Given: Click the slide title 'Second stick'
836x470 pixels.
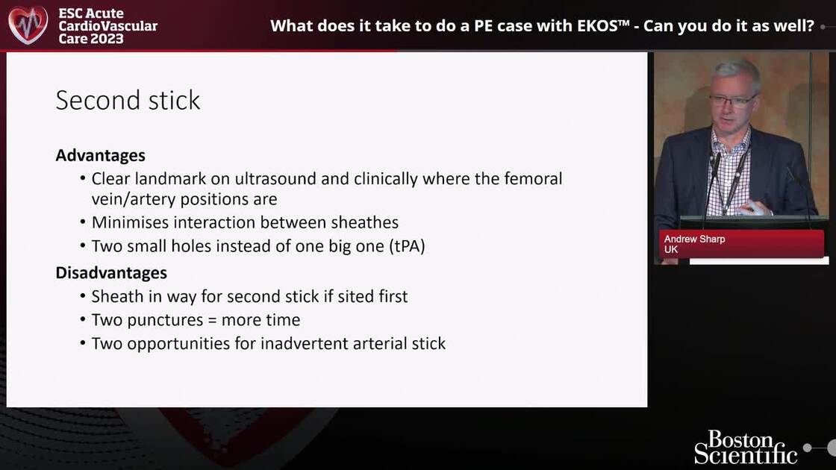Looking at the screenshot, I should [x=128, y=100].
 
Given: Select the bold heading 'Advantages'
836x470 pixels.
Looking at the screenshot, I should [x=100, y=155].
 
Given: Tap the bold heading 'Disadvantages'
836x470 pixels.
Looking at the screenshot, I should [x=111, y=272].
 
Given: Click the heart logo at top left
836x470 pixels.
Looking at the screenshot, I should [x=28, y=25].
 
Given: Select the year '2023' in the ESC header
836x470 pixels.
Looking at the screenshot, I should [x=107, y=38].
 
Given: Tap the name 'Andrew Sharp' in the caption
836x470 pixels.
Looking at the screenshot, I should [x=694, y=239].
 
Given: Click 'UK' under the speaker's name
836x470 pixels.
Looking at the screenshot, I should [x=670, y=249].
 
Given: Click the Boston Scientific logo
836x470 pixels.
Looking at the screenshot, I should [x=746, y=447].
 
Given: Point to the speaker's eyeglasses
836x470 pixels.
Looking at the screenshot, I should [x=732, y=100].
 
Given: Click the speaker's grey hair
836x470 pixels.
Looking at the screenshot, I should [x=734, y=72].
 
